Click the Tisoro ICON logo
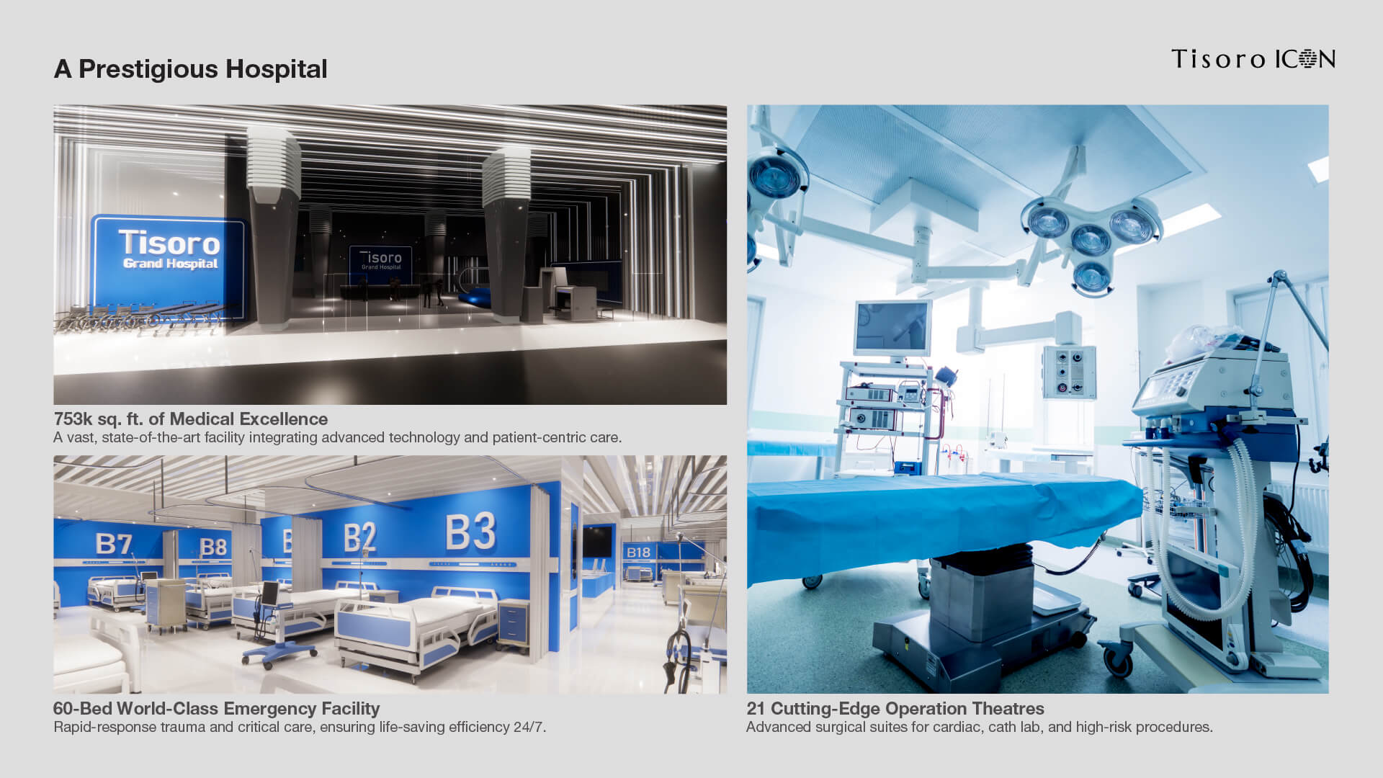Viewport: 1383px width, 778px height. pyautogui.click(x=1253, y=58)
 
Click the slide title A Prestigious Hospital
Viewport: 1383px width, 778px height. pyautogui.click(x=191, y=69)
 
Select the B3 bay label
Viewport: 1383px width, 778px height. pyautogui.click(x=471, y=532)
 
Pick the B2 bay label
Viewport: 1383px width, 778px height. pyautogui.click(x=359, y=537)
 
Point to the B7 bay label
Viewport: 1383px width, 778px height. pyautogui.click(x=114, y=544)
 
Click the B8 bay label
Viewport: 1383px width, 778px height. pyautogui.click(x=213, y=547)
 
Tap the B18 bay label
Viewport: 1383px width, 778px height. pyautogui.click(x=638, y=553)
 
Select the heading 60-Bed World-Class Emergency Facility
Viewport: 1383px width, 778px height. pyautogui.click(x=217, y=709)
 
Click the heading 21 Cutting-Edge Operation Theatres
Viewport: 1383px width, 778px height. pyautogui.click(x=895, y=709)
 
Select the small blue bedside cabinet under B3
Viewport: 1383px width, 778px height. pyautogui.click(x=513, y=622)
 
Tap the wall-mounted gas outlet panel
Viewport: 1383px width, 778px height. pyautogui.click(x=1069, y=372)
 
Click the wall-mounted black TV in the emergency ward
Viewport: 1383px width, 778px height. pyautogui.click(x=597, y=542)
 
